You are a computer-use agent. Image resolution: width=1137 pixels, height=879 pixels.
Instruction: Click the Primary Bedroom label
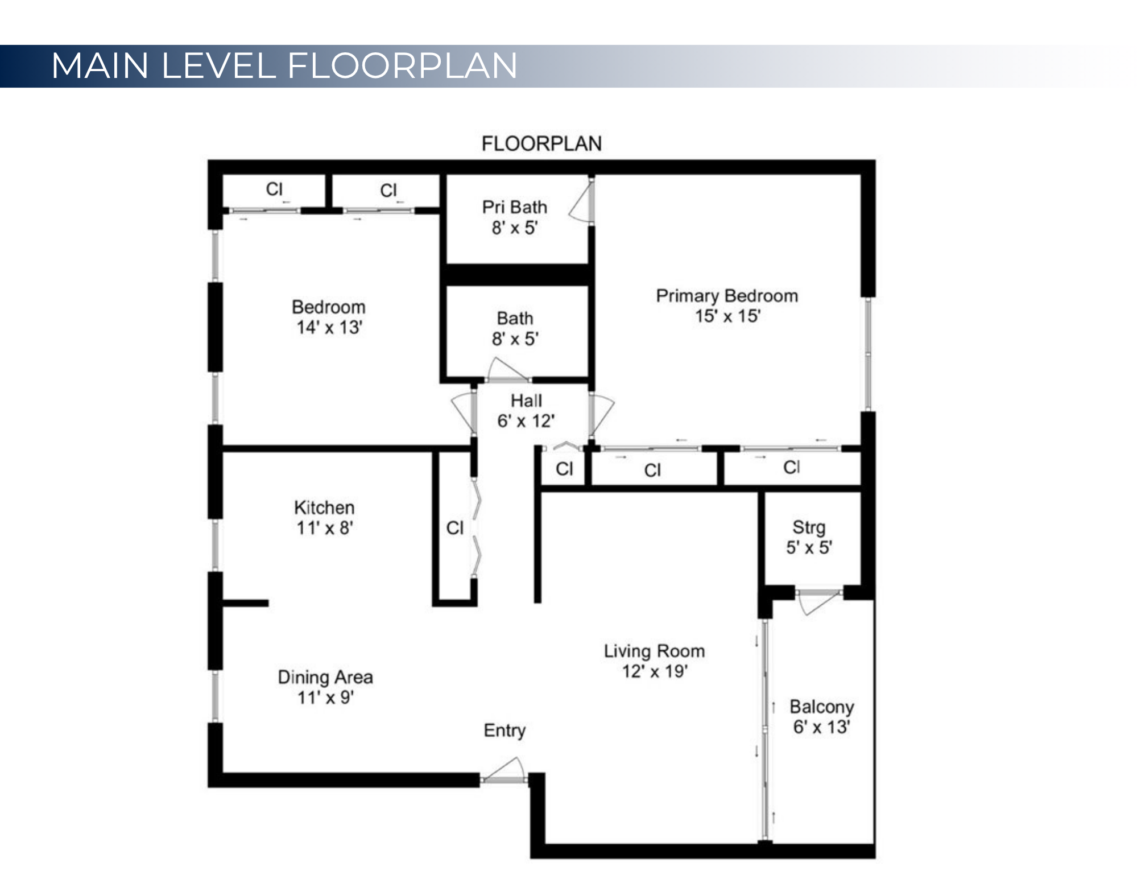(726, 306)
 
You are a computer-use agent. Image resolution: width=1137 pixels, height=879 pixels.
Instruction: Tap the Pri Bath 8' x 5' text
(514, 217)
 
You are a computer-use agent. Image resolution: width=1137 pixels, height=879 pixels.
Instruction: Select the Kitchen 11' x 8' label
(324, 517)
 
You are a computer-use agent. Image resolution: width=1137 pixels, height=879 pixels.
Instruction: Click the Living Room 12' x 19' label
(654, 661)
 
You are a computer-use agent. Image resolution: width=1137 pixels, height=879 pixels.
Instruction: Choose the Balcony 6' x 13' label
(821, 716)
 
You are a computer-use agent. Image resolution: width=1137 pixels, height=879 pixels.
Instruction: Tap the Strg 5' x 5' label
(808, 537)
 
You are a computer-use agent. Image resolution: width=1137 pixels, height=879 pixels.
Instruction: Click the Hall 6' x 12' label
(526, 411)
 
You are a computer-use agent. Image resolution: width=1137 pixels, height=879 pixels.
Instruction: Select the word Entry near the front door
(505, 730)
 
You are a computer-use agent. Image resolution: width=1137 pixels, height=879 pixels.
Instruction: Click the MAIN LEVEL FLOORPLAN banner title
(284, 65)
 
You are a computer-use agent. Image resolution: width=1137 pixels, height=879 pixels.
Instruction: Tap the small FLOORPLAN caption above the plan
(541, 143)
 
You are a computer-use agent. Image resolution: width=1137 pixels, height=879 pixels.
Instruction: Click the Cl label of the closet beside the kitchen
(455, 528)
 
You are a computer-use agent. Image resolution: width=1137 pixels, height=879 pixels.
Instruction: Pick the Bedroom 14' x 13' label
(328, 317)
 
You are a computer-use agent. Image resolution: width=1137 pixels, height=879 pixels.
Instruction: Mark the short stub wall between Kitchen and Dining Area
(245, 603)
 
